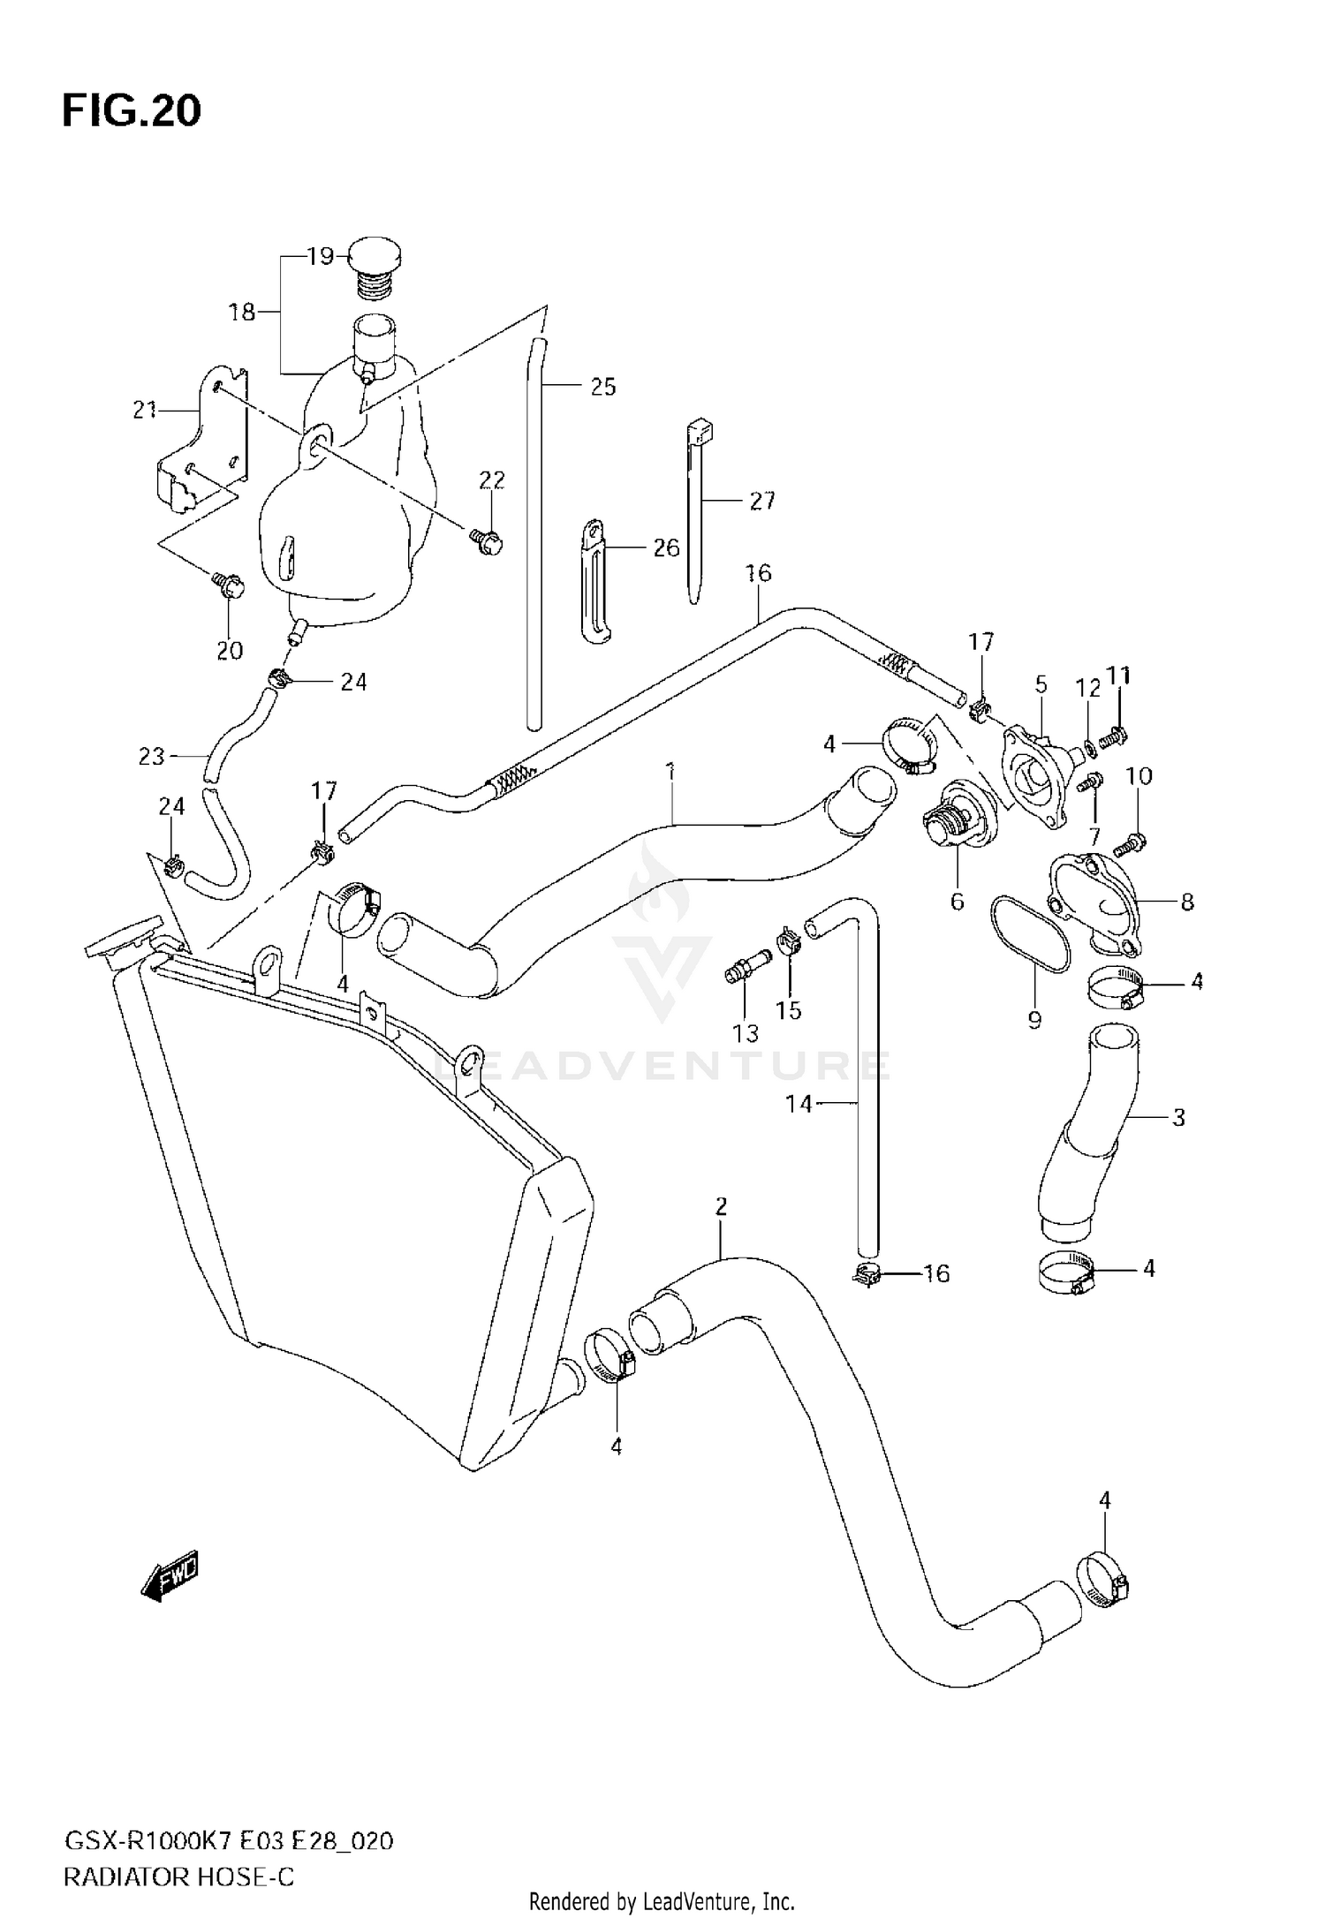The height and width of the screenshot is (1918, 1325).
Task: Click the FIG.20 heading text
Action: pos(131,112)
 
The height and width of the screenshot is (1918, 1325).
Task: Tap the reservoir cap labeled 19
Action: pos(375,257)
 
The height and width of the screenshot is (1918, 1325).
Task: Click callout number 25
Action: pos(602,387)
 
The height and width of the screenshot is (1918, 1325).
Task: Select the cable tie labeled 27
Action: pos(696,512)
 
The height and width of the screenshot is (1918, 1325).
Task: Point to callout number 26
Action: pos(666,547)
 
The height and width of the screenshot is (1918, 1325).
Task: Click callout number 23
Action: pos(152,756)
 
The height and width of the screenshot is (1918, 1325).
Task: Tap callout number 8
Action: pos(1187,901)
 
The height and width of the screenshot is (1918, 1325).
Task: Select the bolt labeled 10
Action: pos(1129,843)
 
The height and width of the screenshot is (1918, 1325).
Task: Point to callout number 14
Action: pos(799,1103)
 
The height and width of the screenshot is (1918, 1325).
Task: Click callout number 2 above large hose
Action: pos(721,1205)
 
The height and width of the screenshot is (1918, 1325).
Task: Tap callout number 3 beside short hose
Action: pos(1177,1117)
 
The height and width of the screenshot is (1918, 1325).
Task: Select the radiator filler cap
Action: pos(124,940)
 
